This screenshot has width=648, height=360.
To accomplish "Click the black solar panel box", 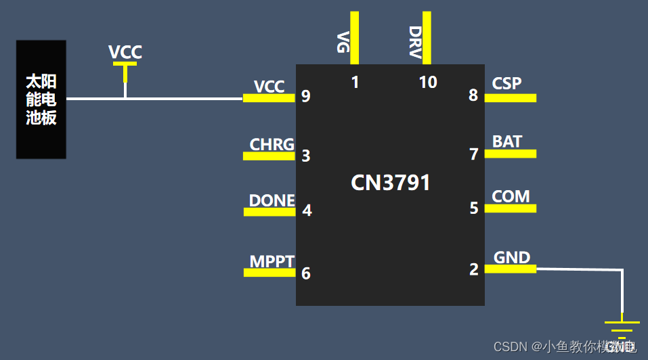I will [41, 99].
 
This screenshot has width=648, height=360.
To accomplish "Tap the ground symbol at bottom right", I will [622, 325].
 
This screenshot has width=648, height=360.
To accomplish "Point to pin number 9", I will [306, 96].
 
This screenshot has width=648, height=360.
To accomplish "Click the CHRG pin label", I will [272, 144].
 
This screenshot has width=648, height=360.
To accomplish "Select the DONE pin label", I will [272, 200].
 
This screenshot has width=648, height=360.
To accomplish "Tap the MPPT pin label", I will [272, 262].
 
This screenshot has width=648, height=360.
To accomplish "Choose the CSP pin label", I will [506, 83].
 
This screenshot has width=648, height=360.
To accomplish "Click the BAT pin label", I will [507, 141].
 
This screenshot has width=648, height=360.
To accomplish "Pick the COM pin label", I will [511, 196].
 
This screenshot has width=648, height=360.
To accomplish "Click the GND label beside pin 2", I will [512, 257].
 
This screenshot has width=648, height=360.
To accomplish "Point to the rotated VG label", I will [343, 42].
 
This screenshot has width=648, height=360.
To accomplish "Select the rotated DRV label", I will [415, 42].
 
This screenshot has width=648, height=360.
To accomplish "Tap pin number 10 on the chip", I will [428, 83].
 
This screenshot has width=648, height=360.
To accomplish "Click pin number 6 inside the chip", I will [306, 273].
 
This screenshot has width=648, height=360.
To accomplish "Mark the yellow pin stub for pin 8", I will [511, 98].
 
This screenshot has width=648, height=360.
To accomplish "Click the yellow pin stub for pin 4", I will [269, 212].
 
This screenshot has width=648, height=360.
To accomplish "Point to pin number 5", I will [474, 208].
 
